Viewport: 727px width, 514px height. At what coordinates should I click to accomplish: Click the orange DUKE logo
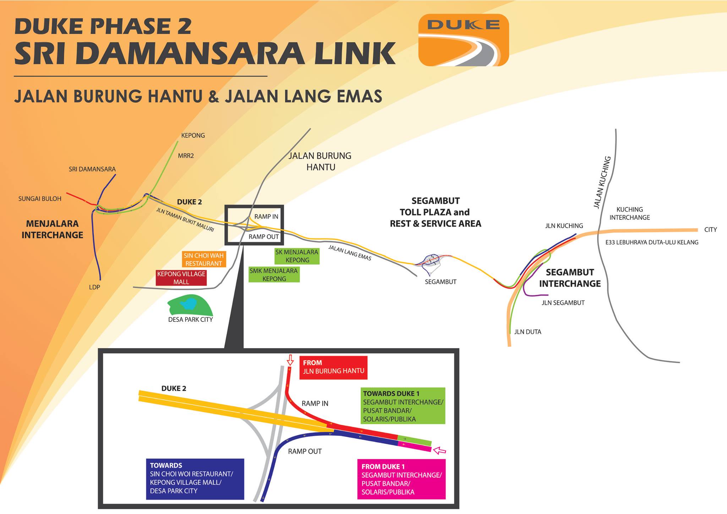464,40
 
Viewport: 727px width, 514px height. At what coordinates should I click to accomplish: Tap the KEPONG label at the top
193,135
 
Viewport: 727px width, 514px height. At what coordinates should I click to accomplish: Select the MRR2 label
186,156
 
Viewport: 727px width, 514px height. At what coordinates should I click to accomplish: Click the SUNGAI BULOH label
40,199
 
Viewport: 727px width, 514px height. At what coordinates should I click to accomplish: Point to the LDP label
94,287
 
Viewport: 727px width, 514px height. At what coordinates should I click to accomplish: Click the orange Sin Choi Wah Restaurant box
204,259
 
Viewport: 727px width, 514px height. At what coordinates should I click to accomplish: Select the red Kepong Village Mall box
181,278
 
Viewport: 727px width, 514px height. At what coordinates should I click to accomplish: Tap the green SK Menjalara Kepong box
297,256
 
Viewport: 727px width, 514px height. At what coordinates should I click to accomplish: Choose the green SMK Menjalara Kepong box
274,275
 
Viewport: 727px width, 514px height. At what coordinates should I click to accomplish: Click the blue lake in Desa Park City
188,304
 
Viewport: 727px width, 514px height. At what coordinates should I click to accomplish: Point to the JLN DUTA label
528,332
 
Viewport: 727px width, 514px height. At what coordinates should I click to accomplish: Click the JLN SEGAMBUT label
563,303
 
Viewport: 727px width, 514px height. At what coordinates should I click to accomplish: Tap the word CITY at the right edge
710,229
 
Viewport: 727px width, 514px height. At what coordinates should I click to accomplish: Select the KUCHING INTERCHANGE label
630,213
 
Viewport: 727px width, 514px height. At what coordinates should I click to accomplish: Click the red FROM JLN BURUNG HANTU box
333,367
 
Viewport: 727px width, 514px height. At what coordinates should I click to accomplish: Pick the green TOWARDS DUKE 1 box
403,406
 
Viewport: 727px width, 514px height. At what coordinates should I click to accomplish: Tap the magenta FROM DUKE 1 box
401,479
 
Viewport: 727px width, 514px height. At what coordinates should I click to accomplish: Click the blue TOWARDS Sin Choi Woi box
195,479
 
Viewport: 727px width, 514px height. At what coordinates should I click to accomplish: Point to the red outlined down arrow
290,360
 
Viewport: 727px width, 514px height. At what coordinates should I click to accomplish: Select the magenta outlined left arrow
440,450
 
